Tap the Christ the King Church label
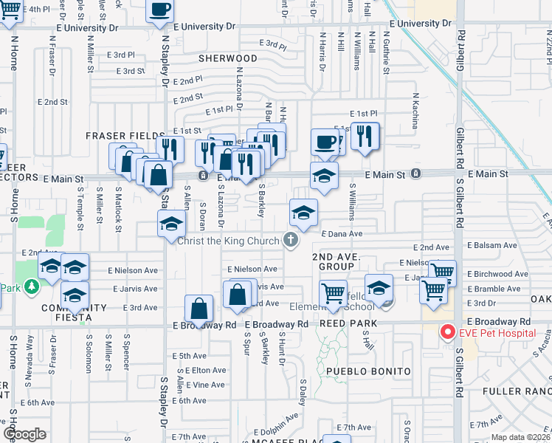click(230, 240)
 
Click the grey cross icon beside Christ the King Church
click(291, 240)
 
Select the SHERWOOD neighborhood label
click(228, 58)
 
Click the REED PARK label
click(348, 324)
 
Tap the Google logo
click(24, 434)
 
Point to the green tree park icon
click(30, 286)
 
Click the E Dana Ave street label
click(342, 233)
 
